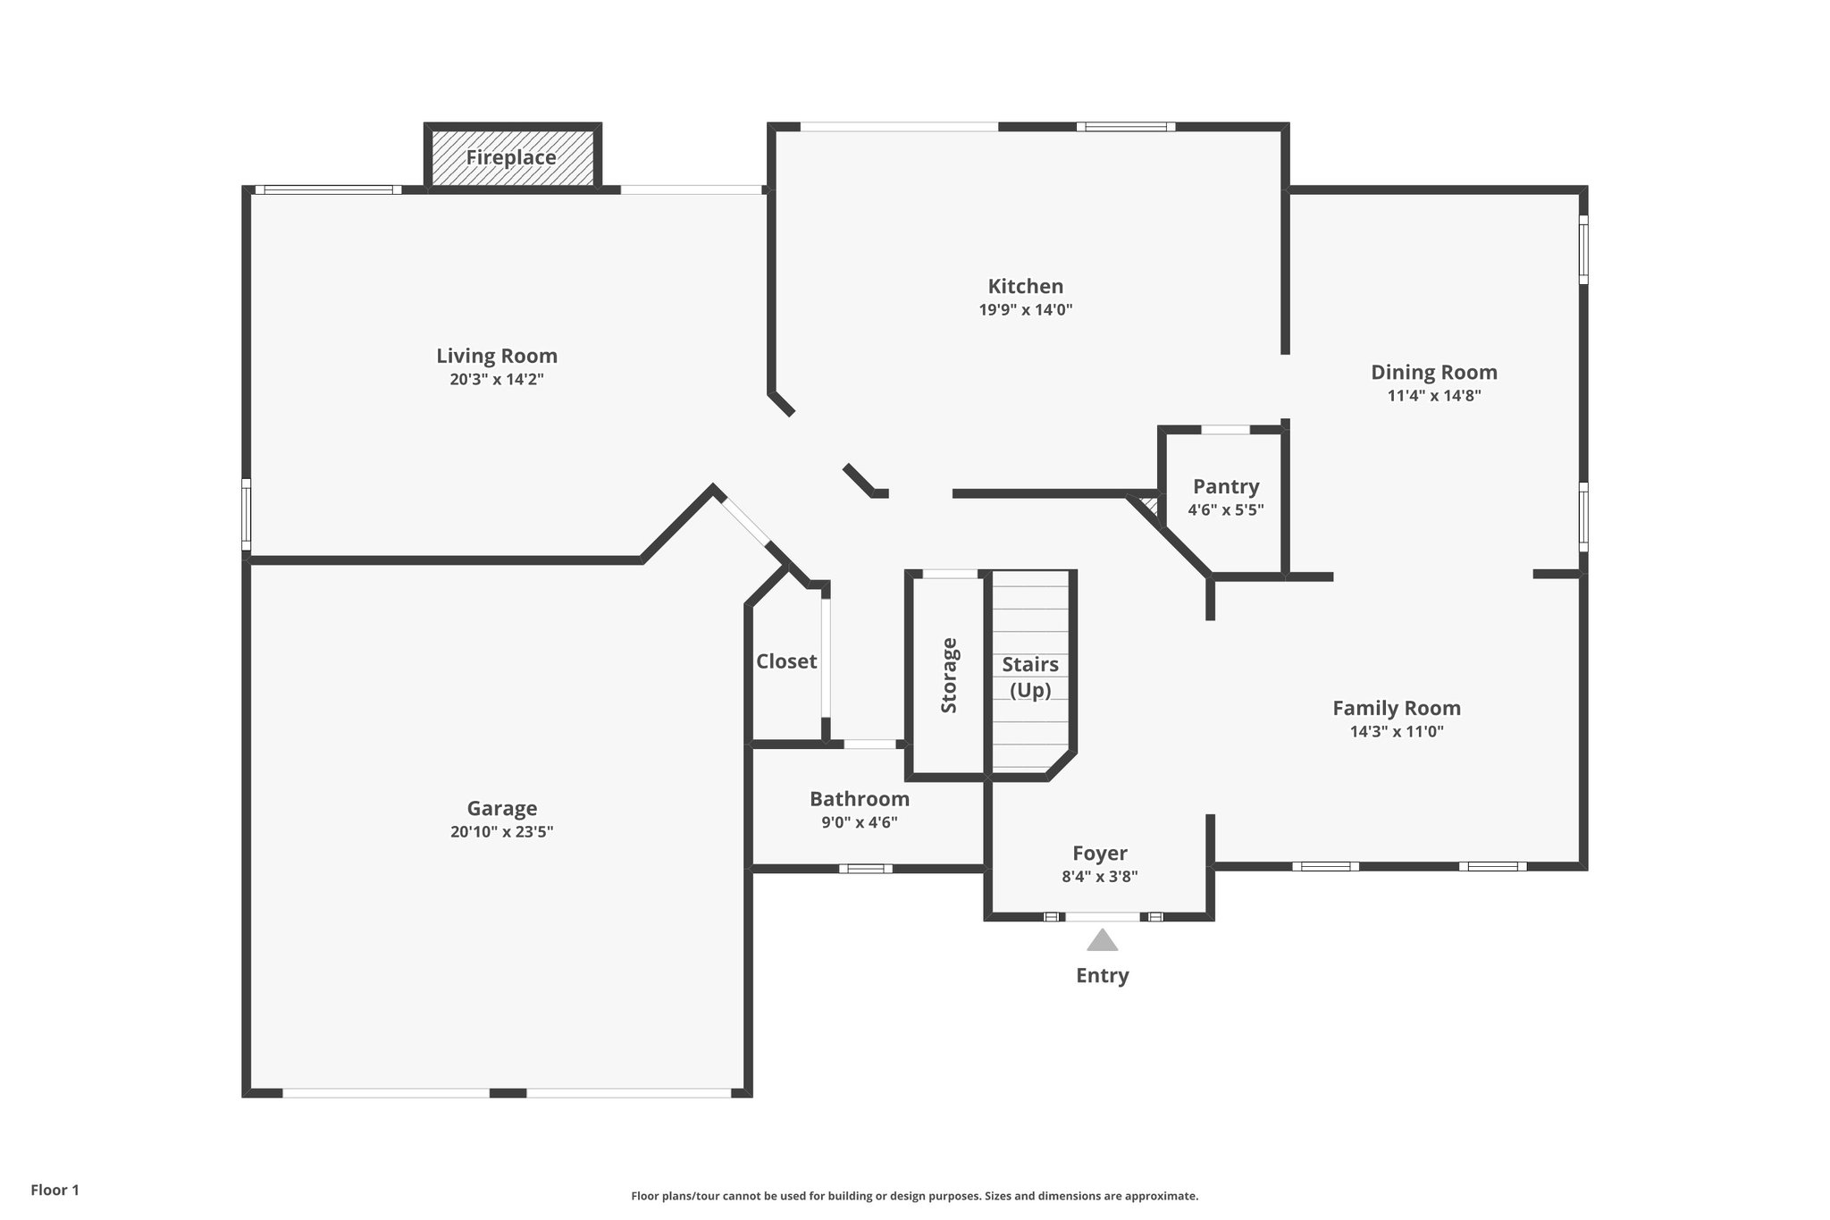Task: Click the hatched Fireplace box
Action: (x=512, y=157)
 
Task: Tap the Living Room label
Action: (x=497, y=356)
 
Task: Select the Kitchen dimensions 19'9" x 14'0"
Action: (x=1025, y=310)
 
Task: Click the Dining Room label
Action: (x=1433, y=372)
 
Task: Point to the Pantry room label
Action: (x=1225, y=486)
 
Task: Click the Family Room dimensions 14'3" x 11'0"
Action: (x=1396, y=731)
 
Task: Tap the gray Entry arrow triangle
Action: (x=1102, y=940)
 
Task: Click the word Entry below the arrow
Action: (x=1102, y=975)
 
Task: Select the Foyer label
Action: (x=1099, y=853)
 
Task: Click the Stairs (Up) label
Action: (x=1029, y=677)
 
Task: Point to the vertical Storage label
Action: (x=949, y=675)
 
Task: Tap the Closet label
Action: (x=786, y=661)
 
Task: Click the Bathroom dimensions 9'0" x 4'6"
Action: (x=859, y=822)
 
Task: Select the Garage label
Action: (x=501, y=808)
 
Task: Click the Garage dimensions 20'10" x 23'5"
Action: (x=501, y=831)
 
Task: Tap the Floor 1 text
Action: (x=55, y=1190)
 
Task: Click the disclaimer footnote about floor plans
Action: (x=914, y=1196)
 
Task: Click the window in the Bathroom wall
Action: (x=865, y=868)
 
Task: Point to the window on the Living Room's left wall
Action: (x=246, y=514)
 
